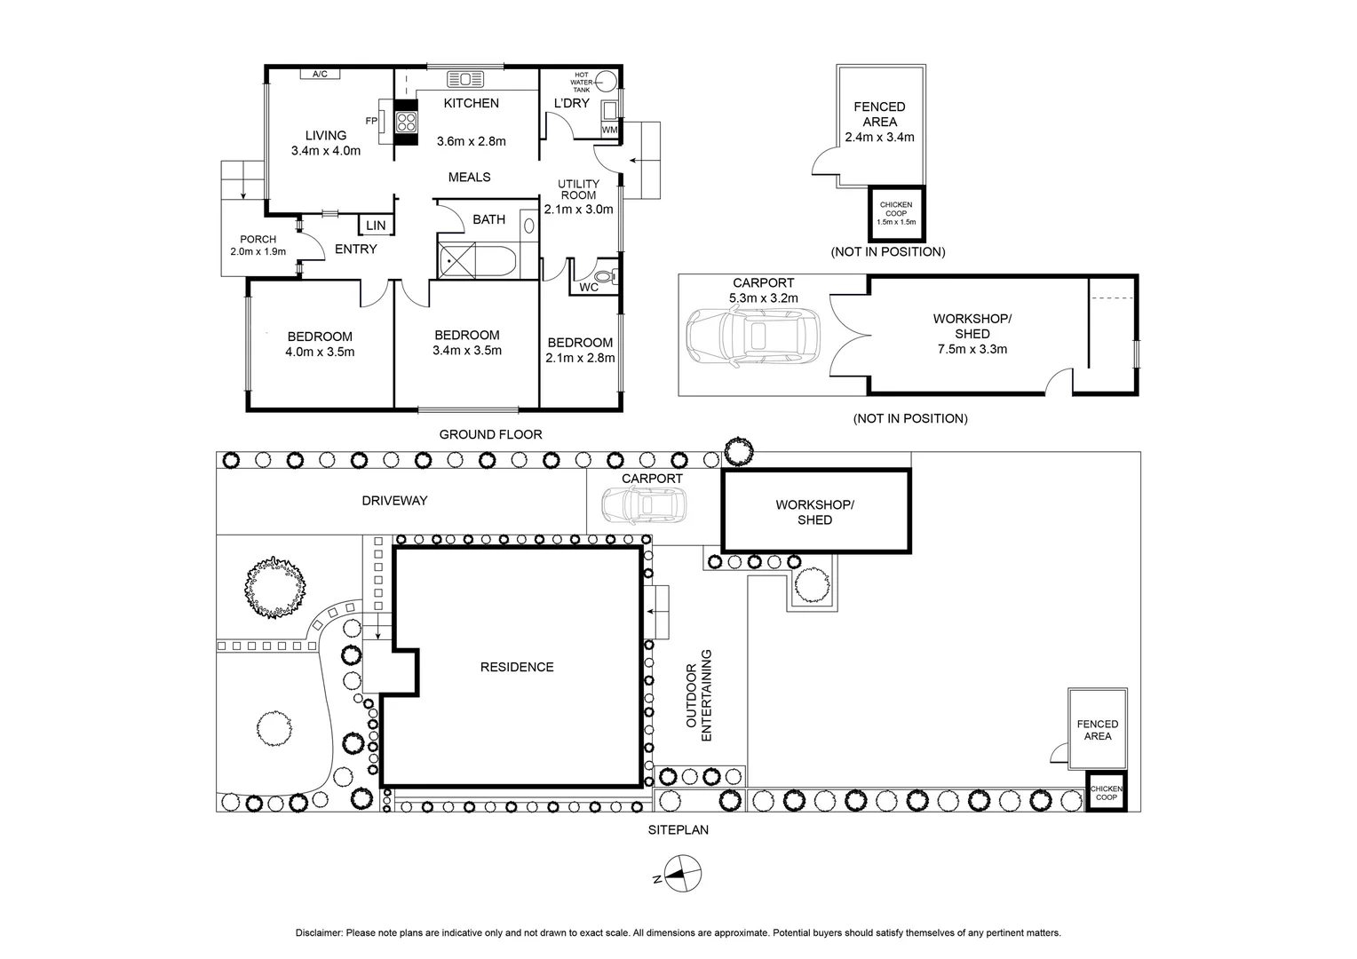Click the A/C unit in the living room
tap(320, 74)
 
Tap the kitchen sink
tap(465, 79)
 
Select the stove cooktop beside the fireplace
tap(406, 123)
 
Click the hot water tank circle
tap(605, 81)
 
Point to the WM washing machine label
tap(609, 130)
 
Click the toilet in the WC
tap(607, 277)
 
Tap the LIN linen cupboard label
tap(376, 226)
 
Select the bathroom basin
tap(529, 226)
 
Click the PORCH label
tap(258, 239)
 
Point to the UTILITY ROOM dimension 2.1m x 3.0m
tap(578, 210)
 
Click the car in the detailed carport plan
tap(753, 337)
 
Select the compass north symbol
tap(682, 874)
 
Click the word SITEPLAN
tap(678, 830)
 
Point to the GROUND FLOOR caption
tap(491, 434)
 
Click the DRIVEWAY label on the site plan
tap(394, 501)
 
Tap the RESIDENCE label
tap(517, 667)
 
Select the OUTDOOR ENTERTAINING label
tap(699, 695)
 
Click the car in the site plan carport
tap(644, 506)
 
